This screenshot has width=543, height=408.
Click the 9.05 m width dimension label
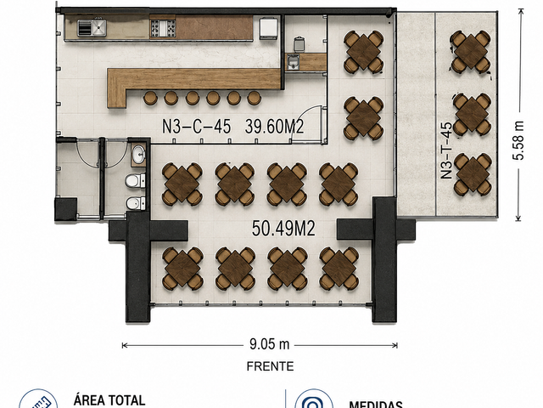tap(270, 344)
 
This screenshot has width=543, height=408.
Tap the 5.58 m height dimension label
tap(518, 140)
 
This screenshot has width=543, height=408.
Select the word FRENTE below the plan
tap(270, 366)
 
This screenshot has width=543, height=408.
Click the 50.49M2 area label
tap(283, 229)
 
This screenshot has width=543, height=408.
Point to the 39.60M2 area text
tap(275, 127)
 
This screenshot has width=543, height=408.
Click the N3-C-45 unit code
tap(196, 127)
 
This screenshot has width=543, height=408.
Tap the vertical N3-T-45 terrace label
tap(446, 150)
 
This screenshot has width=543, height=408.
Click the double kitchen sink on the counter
tap(92, 28)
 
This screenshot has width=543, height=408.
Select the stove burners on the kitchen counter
tap(163, 28)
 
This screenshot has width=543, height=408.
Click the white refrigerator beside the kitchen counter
tap(268, 28)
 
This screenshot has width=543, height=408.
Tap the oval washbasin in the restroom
tap(139, 154)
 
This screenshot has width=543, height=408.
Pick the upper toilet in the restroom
tap(135, 181)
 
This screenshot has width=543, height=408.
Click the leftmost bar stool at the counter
tap(150, 98)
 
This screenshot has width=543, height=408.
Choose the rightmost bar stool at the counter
tap(255, 98)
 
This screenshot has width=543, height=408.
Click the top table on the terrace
tap(471, 51)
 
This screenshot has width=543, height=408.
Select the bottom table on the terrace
tap(473, 173)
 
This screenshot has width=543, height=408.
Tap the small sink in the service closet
tap(293, 62)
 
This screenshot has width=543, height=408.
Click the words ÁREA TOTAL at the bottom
tap(109, 400)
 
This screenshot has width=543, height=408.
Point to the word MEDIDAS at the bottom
tap(376, 405)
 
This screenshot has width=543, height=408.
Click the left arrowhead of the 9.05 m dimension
tap(125, 345)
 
